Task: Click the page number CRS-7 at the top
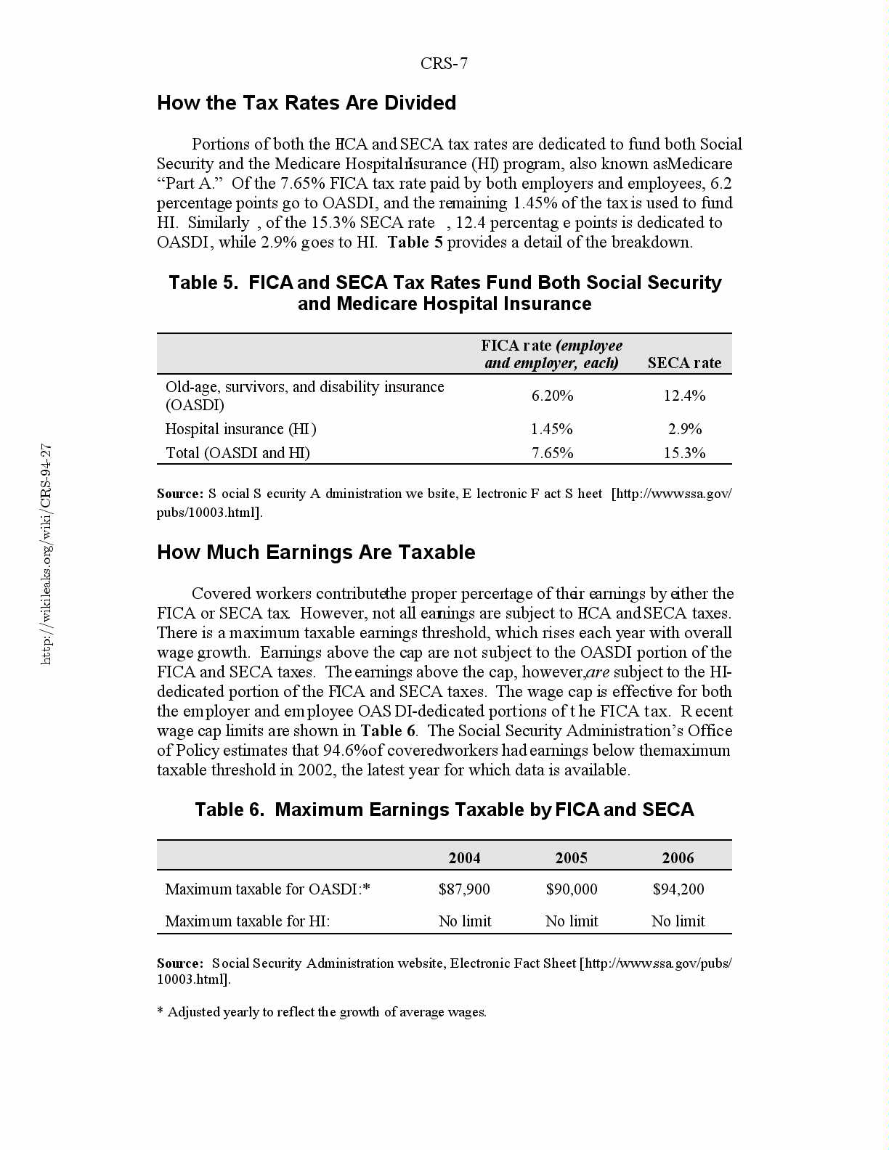click(444, 64)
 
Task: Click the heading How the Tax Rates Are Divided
click(307, 103)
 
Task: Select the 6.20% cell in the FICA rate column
click(552, 396)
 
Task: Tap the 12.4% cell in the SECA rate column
click(684, 396)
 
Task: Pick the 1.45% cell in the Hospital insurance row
click(551, 429)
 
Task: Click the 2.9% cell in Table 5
click(684, 429)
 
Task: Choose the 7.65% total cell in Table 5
click(552, 453)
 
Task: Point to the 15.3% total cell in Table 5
click(684, 453)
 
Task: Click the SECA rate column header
click(684, 363)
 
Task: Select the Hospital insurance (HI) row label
click(240, 429)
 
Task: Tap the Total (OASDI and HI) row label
click(238, 453)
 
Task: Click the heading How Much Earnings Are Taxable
click(316, 552)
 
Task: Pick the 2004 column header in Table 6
click(464, 858)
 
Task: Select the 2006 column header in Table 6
click(678, 858)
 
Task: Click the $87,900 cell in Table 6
click(464, 889)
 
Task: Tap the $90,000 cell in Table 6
click(572, 889)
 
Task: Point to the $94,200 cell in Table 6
click(678, 889)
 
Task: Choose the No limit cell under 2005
click(572, 921)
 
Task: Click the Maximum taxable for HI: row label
click(248, 921)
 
